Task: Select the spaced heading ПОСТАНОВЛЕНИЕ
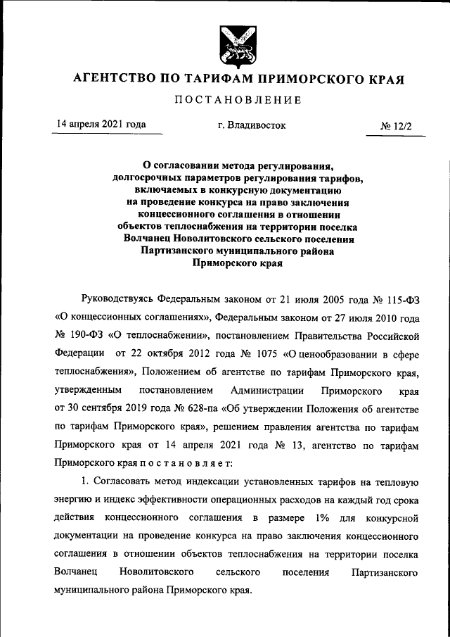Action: (x=238, y=100)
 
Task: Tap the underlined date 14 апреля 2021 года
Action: (x=101, y=125)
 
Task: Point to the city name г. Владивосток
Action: (x=252, y=125)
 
